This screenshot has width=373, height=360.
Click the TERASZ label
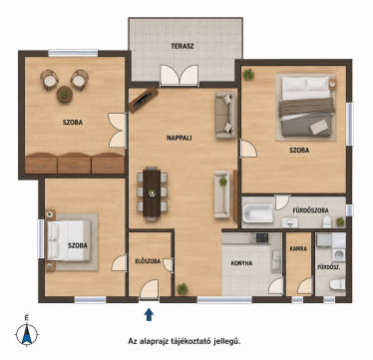[x=183, y=46]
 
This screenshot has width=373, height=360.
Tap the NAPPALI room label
[x=180, y=138]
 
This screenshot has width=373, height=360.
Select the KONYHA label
[x=241, y=263]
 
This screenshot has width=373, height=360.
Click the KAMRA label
[x=298, y=248]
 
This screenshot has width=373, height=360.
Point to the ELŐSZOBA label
[x=148, y=261]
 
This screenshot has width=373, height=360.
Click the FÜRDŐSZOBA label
[x=310, y=210]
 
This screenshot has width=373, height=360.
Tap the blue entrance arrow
[x=150, y=314]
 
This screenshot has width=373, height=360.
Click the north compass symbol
[x=27, y=333]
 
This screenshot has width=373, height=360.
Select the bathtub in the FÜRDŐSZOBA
[x=258, y=213]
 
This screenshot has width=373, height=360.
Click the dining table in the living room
[x=152, y=193]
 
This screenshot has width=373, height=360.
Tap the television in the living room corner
[x=144, y=99]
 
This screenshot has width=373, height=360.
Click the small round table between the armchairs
[x=65, y=94]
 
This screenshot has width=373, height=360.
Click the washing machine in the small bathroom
[x=338, y=255]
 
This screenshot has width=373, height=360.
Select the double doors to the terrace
[x=180, y=75]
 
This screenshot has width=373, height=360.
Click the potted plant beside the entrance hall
[x=183, y=288]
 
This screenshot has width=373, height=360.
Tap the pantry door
[x=305, y=286]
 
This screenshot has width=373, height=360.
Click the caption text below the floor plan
[x=185, y=341]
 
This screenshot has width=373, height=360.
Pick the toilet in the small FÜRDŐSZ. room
[x=338, y=285]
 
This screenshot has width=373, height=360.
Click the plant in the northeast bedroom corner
[x=248, y=75]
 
